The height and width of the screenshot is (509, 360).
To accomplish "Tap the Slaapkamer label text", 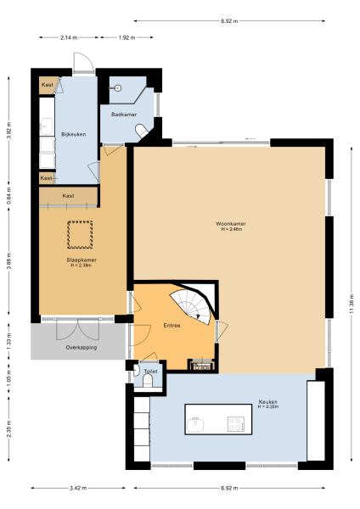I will click(82, 260).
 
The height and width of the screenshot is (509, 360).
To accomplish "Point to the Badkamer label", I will click(113, 115).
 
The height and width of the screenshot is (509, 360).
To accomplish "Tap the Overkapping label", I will click(81, 348).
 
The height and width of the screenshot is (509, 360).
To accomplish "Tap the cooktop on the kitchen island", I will click(235, 421).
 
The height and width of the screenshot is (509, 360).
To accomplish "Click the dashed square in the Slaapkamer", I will click(82, 232).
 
